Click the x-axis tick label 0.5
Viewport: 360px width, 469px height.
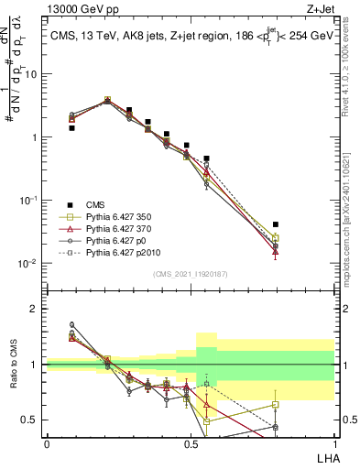pos(191,442)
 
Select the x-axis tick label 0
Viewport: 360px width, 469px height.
pos(47,442)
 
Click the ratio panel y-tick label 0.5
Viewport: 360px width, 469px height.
pos(29,420)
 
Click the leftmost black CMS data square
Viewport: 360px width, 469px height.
pos(72,128)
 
